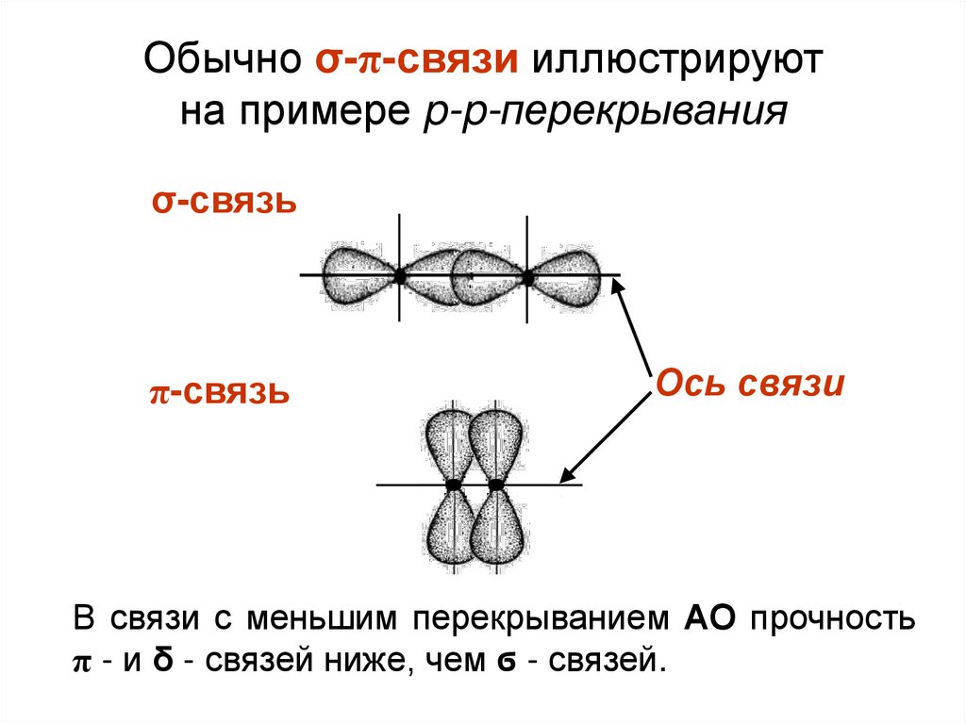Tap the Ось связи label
pyautogui.click(x=749, y=385)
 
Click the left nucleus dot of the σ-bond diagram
pyautogui.click(x=400, y=276)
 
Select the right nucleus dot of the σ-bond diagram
pyautogui.click(x=527, y=277)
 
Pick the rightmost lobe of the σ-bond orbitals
pyautogui.click(x=569, y=277)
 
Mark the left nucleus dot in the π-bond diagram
pyautogui.click(x=454, y=485)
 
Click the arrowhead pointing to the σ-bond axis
pyautogui.click(x=620, y=288)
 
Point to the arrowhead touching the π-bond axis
pyautogui.click(x=567, y=477)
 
